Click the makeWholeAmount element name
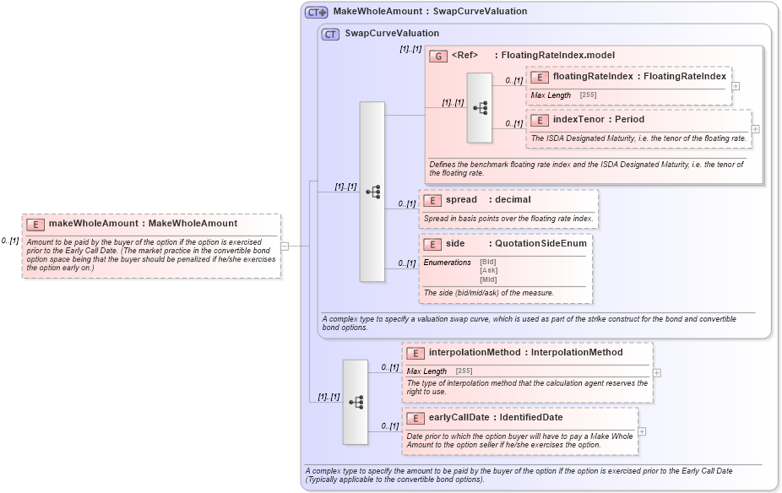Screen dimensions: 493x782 pos(93,224)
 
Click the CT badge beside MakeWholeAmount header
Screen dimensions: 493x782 pos(317,12)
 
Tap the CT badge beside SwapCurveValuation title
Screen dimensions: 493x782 pos(331,34)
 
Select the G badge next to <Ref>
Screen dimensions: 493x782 pos(438,56)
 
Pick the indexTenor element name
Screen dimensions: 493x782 pos(574,120)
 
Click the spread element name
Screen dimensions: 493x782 pos(461,200)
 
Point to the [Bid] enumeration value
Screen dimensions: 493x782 pos(488,263)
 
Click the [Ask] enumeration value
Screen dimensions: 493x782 pos(488,271)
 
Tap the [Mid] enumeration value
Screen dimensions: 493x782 pos(488,279)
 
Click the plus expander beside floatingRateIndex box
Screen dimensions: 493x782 pos(736,86)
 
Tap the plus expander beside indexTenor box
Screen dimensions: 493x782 pos(755,129)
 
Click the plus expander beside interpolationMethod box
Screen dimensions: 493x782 pos(657,372)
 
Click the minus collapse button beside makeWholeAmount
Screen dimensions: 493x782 pos(285,246)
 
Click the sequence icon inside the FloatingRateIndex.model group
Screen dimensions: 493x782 pos(480,108)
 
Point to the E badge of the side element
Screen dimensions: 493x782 pos(432,243)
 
